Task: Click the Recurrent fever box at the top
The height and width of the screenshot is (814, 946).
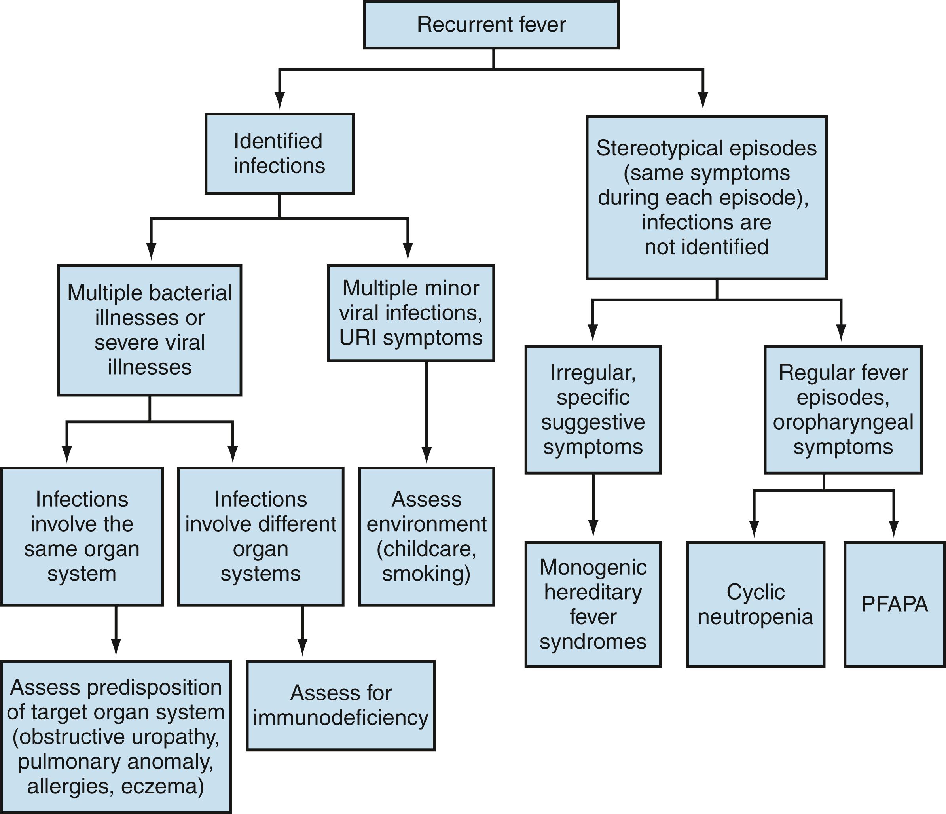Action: [491, 25]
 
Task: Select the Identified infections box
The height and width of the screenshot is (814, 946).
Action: [279, 153]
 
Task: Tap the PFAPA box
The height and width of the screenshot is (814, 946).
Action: [894, 604]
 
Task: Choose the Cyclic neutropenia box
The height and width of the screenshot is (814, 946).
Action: [755, 604]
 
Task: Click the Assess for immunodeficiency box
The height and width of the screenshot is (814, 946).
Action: [341, 705]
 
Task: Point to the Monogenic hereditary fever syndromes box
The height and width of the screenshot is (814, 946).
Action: [593, 604]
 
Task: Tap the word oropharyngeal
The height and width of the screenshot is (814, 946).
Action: [843, 422]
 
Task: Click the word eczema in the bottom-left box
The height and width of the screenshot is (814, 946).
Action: [162, 787]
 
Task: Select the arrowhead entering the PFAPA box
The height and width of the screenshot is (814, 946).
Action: [893, 530]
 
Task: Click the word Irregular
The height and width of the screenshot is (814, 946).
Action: [593, 373]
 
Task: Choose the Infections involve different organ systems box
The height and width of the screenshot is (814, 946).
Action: [260, 536]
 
